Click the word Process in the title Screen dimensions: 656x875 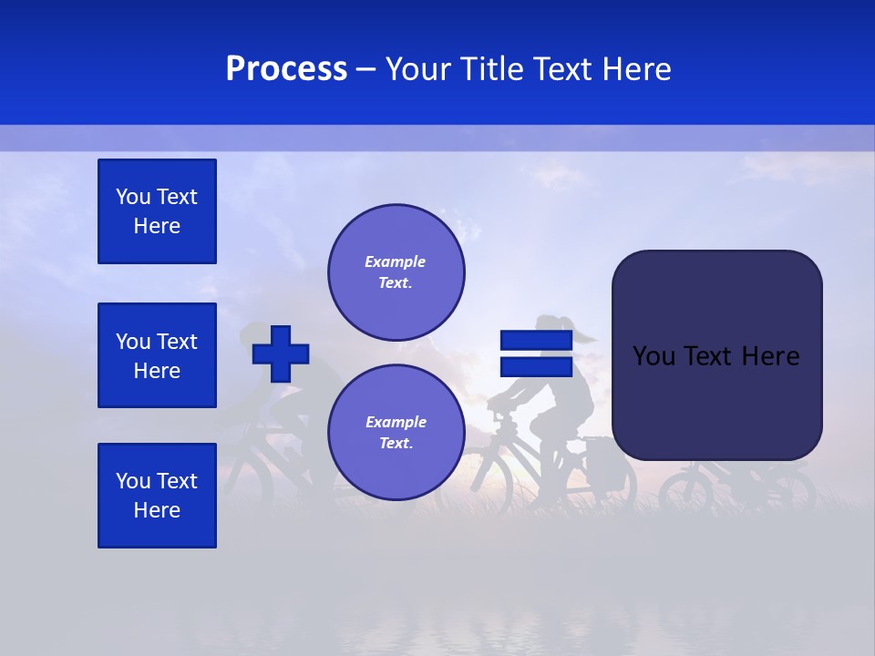coord(286,69)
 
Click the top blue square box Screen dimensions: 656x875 coord(157,211)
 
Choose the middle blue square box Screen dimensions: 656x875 coord(157,355)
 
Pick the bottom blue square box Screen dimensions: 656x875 coord(157,496)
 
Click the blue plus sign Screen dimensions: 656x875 coord(281,354)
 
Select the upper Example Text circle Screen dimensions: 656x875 coord(396,272)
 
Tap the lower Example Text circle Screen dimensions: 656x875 coord(396,433)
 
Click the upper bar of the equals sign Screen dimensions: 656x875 coord(536,341)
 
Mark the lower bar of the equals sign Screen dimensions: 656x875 coord(536,367)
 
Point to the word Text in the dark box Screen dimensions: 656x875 coord(715,356)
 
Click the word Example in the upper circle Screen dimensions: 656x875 coord(396,261)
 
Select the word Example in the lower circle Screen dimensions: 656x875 coord(396,422)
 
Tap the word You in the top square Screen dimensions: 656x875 coord(132,197)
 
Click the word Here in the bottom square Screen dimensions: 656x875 coord(157,510)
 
